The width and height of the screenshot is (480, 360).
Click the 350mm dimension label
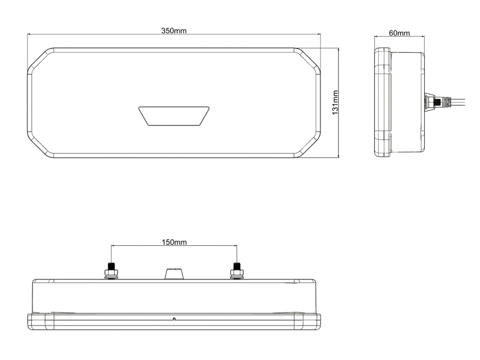point(174,31)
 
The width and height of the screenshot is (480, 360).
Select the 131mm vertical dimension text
point(335,103)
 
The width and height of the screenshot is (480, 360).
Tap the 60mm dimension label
point(399,33)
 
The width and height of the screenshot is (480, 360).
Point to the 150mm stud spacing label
point(174,242)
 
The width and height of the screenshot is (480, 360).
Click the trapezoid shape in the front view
point(174,116)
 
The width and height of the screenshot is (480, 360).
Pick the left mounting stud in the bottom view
point(111,271)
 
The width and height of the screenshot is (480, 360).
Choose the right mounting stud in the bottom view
point(237,271)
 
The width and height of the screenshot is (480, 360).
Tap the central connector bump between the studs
point(174,274)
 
